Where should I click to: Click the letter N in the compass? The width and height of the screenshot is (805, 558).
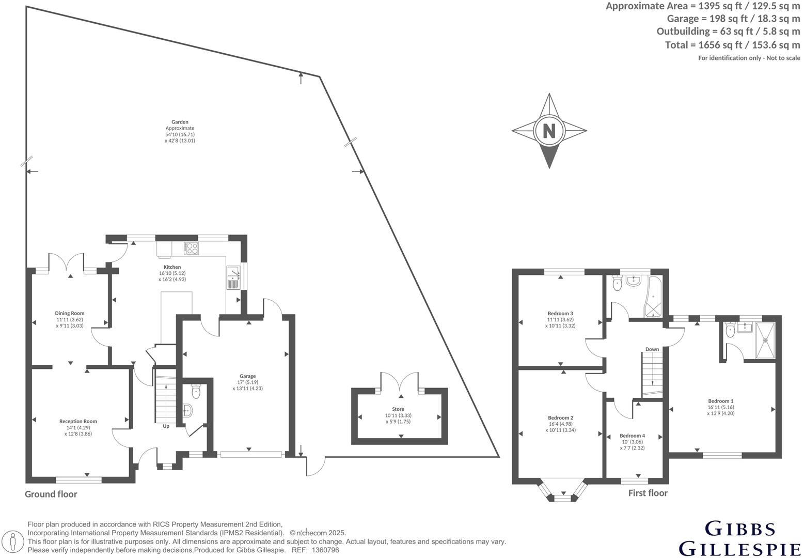(x=549, y=131)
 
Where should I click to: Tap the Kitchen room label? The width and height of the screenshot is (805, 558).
(x=172, y=267)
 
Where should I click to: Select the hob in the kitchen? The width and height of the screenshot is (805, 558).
(x=192, y=249)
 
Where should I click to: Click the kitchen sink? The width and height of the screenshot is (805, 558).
(x=233, y=277)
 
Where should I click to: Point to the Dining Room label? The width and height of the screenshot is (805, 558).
(x=70, y=313)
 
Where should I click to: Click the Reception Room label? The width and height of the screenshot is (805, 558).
(x=78, y=421)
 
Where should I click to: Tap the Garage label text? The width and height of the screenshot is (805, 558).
(x=247, y=376)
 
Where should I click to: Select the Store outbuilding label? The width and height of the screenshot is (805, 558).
(x=398, y=409)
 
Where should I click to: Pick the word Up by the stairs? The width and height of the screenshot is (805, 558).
(x=166, y=426)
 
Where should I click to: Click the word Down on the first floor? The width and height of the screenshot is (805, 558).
(x=652, y=349)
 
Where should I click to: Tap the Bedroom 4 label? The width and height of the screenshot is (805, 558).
(x=632, y=436)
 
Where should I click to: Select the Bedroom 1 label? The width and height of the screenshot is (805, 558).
(x=721, y=401)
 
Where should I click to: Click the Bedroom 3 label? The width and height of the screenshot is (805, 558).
(x=560, y=313)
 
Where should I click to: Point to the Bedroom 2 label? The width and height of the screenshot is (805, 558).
(x=561, y=417)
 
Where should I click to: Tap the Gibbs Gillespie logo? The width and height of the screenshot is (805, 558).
(x=739, y=538)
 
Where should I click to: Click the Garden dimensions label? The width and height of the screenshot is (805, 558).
(x=180, y=131)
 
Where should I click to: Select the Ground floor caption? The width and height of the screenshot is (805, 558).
(x=51, y=494)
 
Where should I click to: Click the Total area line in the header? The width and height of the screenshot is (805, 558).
(x=732, y=45)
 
